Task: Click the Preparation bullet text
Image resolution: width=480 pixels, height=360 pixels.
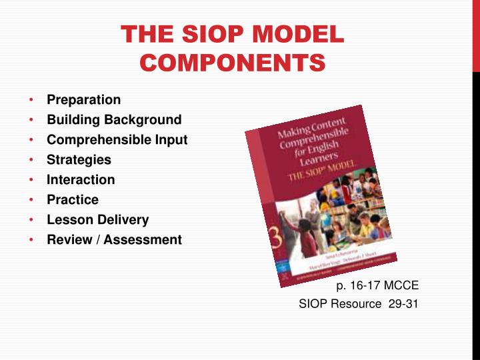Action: point(83,100)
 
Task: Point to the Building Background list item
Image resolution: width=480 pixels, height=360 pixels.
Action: point(114,120)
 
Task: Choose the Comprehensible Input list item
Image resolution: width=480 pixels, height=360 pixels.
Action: point(117,140)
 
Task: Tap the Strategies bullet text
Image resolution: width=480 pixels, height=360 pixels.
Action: point(79,160)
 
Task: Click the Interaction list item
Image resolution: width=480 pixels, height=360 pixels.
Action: point(81,180)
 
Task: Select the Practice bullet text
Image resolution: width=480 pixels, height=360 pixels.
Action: point(73,200)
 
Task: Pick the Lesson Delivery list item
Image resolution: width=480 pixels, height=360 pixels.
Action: point(97,219)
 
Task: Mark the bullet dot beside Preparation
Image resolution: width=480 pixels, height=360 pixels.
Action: point(31,100)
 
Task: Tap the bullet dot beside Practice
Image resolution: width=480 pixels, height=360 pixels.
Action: point(31,200)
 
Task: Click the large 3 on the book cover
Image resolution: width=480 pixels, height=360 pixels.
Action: point(273,235)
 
